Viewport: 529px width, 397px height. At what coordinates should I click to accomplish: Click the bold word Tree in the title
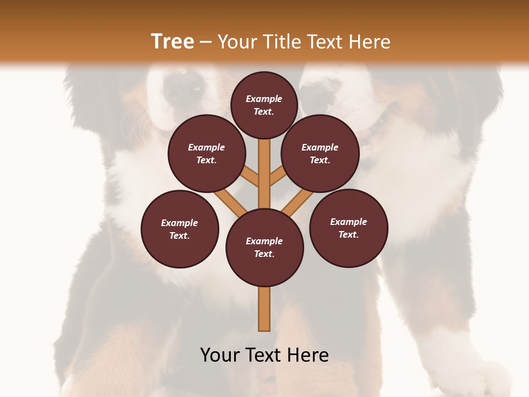click(x=172, y=42)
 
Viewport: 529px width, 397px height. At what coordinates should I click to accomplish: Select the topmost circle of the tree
click(x=264, y=105)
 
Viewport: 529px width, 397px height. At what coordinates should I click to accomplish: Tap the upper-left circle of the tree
click(x=207, y=153)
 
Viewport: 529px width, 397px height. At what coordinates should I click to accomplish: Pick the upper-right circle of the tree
click(x=320, y=153)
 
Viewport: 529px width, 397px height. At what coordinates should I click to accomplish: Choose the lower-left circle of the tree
click(x=180, y=229)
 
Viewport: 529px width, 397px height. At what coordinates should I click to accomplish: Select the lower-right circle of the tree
click(x=349, y=228)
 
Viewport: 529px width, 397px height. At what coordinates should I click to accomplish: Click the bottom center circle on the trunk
click(x=264, y=248)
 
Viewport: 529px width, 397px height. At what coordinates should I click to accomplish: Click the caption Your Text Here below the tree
click(x=264, y=355)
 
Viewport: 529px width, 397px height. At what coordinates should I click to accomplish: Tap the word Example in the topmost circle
click(x=264, y=99)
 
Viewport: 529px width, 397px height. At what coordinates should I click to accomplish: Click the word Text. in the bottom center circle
click(x=264, y=254)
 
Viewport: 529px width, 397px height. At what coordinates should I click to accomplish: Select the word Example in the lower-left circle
click(x=180, y=223)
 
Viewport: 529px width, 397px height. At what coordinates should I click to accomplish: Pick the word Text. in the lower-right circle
click(x=348, y=234)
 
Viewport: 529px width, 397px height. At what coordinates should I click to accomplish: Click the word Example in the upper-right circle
click(x=320, y=147)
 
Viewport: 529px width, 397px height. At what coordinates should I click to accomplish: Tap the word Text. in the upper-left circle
click(x=207, y=160)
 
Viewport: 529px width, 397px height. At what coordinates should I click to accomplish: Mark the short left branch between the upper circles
click(x=251, y=176)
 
